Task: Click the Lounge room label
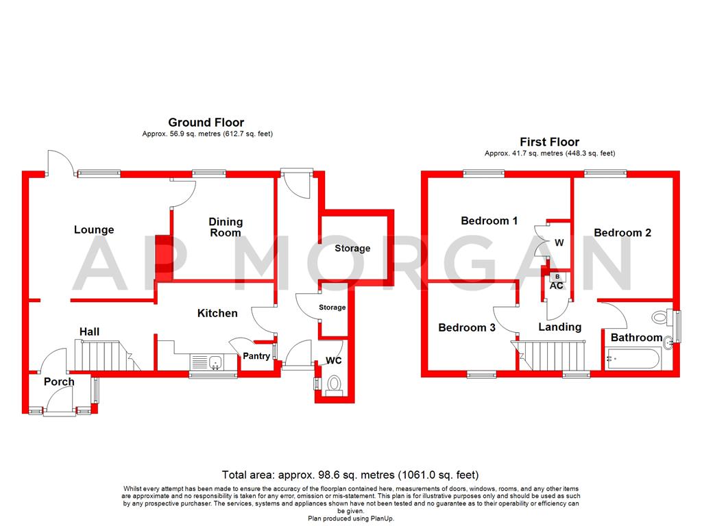click(x=94, y=230)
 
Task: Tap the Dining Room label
click(x=226, y=227)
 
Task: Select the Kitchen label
click(x=217, y=313)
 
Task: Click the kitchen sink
click(x=206, y=361)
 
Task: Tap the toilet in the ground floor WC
click(x=335, y=384)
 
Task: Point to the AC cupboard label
click(x=557, y=286)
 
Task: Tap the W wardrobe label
click(x=559, y=242)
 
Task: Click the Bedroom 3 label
click(x=467, y=328)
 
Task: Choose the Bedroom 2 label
click(x=622, y=233)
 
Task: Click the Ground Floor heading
click(x=206, y=123)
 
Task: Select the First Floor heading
click(x=549, y=142)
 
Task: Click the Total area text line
click(x=350, y=475)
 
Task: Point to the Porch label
click(x=59, y=381)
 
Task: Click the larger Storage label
click(x=352, y=249)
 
